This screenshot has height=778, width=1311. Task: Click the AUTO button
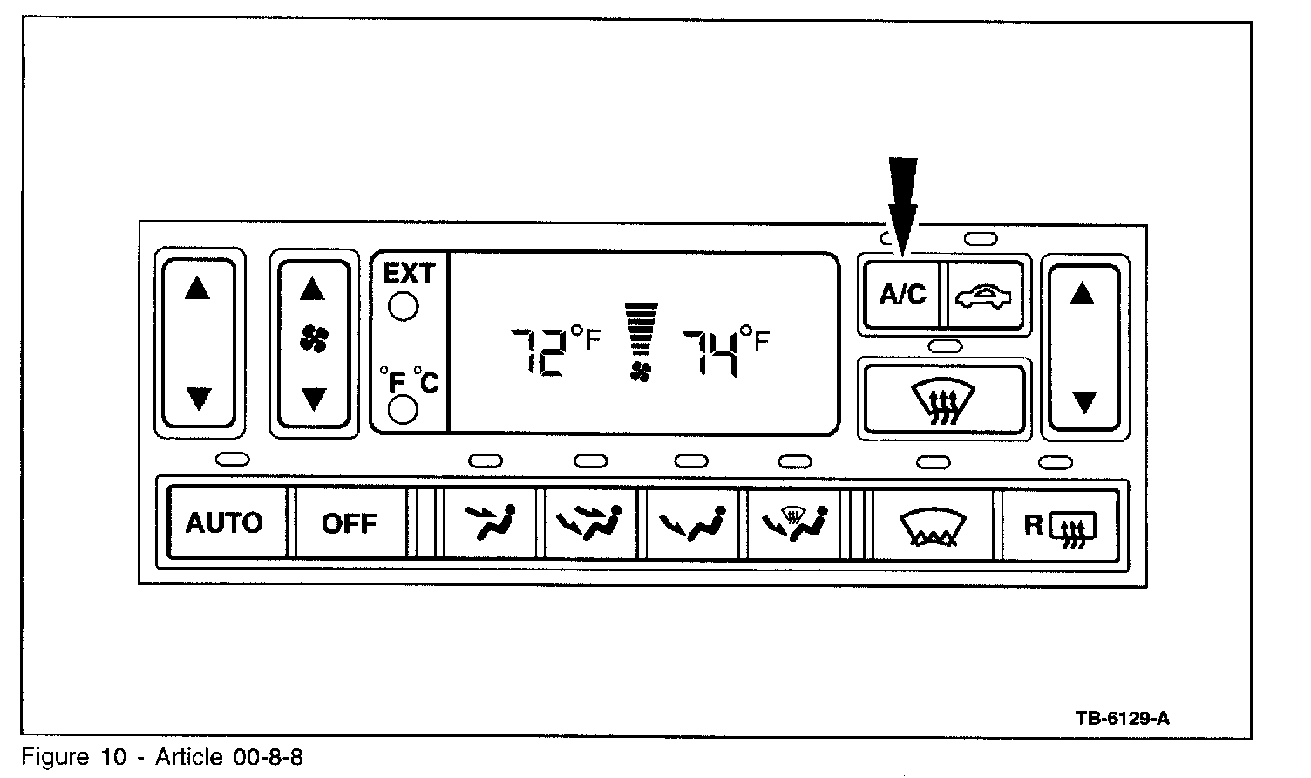[x=225, y=523]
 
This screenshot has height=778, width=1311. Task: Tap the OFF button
[x=350, y=523]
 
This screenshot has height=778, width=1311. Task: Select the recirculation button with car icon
[x=984, y=296]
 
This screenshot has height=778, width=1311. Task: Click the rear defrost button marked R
[x=1060, y=525]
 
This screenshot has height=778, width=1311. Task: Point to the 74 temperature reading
[x=710, y=352]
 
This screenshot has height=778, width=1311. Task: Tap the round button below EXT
[x=403, y=307]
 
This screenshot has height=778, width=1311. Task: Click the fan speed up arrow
[x=313, y=289]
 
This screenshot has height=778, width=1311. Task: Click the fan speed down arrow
[x=313, y=399]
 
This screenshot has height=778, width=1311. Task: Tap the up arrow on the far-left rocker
[x=198, y=288]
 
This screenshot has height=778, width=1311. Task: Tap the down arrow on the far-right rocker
[x=1083, y=402]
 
